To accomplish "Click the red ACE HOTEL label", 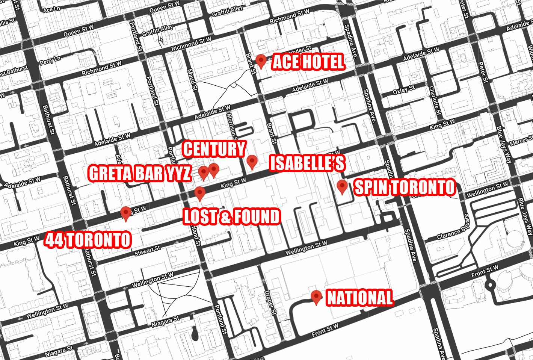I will pyautogui.click(x=308, y=62).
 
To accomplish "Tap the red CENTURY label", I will pyautogui.click(x=214, y=149).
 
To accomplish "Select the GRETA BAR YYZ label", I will pyautogui.click(x=140, y=174).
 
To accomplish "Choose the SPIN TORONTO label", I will pyautogui.click(x=405, y=188).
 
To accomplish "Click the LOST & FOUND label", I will pyautogui.click(x=232, y=217).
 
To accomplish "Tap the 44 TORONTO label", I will pyautogui.click(x=88, y=240).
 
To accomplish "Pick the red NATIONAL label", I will pyautogui.click(x=360, y=298).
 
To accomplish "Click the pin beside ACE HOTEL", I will pyautogui.click(x=261, y=61).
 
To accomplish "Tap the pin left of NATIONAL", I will pyautogui.click(x=316, y=297).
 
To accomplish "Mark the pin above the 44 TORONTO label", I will pyautogui.click(x=125, y=213).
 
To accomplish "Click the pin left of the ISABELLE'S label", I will pyautogui.click(x=252, y=162).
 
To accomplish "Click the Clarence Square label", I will pyautogui.click(x=453, y=227).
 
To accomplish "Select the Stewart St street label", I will pyautogui.click(x=147, y=251).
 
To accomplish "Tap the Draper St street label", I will pyautogui.click(x=270, y=303).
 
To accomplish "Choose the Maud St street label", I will pyautogui.click(x=192, y=79).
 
